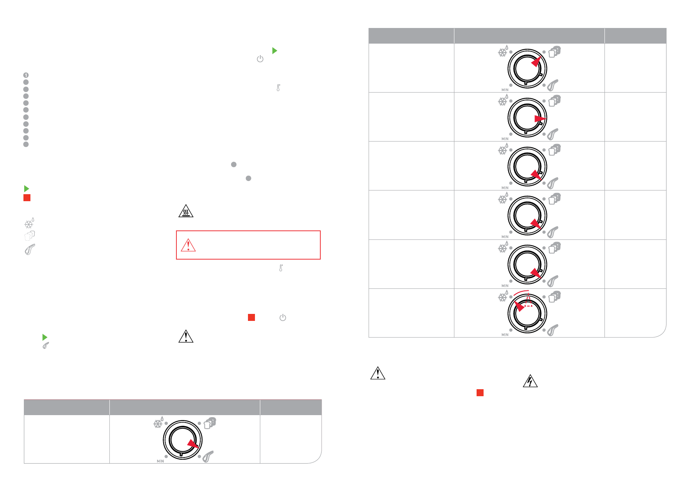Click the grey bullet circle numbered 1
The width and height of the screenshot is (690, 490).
[26, 75]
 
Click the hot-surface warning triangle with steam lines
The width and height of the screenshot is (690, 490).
[186, 211]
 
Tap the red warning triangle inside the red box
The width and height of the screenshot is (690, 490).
[188, 245]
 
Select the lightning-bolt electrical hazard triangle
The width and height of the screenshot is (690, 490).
[530, 381]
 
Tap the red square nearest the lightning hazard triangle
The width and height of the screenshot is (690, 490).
[480, 392]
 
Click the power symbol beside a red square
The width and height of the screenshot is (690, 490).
[283, 318]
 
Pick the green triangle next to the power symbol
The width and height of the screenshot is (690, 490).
[275, 51]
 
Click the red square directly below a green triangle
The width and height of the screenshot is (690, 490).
[27, 198]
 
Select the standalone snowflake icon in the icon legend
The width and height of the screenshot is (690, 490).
[29, 223]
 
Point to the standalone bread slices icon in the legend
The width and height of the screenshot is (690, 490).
[30, 236]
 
